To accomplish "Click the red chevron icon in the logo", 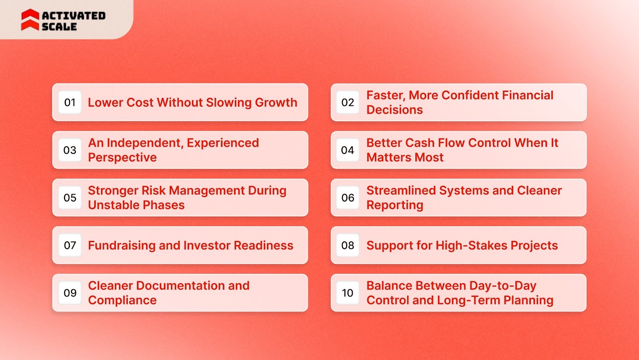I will coord(30,20).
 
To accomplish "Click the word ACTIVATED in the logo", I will coord(73,16).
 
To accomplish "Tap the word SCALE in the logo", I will coord(59,27).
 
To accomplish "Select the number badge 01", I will coord(70,103).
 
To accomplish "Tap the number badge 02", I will coord(347,103).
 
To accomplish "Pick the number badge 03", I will coord(70,150).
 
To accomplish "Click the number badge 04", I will coord(347,150).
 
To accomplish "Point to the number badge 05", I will coord(70,198).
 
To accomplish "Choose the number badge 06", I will coord(347,198).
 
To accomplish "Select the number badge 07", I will coord(70,245).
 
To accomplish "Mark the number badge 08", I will coord(347,245).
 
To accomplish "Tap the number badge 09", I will coord(70,293).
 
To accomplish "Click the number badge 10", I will coord(347,293).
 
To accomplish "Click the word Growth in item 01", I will coord(276,103).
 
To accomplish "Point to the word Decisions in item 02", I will coord(395,110).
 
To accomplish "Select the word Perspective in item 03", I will coord(122,157).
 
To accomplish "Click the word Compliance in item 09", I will coord(122,300).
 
